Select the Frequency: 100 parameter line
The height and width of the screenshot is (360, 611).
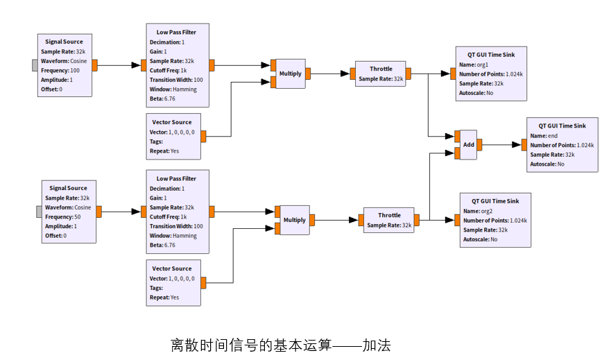pos(60,70)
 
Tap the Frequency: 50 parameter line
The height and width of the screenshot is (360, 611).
pos(63,216)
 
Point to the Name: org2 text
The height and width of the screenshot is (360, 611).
pos(478,211)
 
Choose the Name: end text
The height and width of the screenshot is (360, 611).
pos(544,136)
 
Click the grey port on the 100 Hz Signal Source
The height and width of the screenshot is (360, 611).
pos(35,65)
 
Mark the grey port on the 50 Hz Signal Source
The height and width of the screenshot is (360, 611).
pos(40,212)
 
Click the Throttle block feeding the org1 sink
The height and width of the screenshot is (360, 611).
pos(380,74)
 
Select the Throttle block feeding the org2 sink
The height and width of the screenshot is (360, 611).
pos(388,220)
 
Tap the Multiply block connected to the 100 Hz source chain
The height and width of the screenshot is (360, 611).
pos(290,74)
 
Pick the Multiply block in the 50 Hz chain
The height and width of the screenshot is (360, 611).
pos(294,220)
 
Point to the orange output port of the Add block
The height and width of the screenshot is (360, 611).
pos(480,144)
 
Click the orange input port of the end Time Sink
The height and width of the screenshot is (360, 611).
pos(525,145)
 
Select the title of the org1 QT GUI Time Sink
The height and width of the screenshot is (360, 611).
pos(491,54)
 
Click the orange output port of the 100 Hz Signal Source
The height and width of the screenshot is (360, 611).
pos(94,65)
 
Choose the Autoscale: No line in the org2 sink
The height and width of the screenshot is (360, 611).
pos(478,239)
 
